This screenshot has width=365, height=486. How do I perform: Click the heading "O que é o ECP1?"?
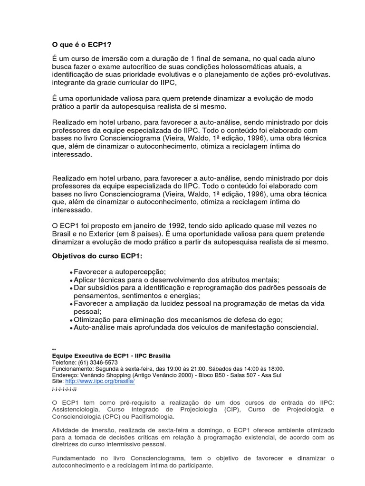(81, 45)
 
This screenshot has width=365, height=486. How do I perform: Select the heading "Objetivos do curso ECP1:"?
(97, 256)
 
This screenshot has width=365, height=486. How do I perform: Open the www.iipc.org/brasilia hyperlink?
(100, 381)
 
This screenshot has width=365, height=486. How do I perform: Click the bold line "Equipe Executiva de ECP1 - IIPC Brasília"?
(111, 355)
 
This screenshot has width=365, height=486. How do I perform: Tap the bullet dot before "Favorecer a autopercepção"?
(71, 272)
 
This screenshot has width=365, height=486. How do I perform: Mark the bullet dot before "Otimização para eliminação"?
(71, 321)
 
